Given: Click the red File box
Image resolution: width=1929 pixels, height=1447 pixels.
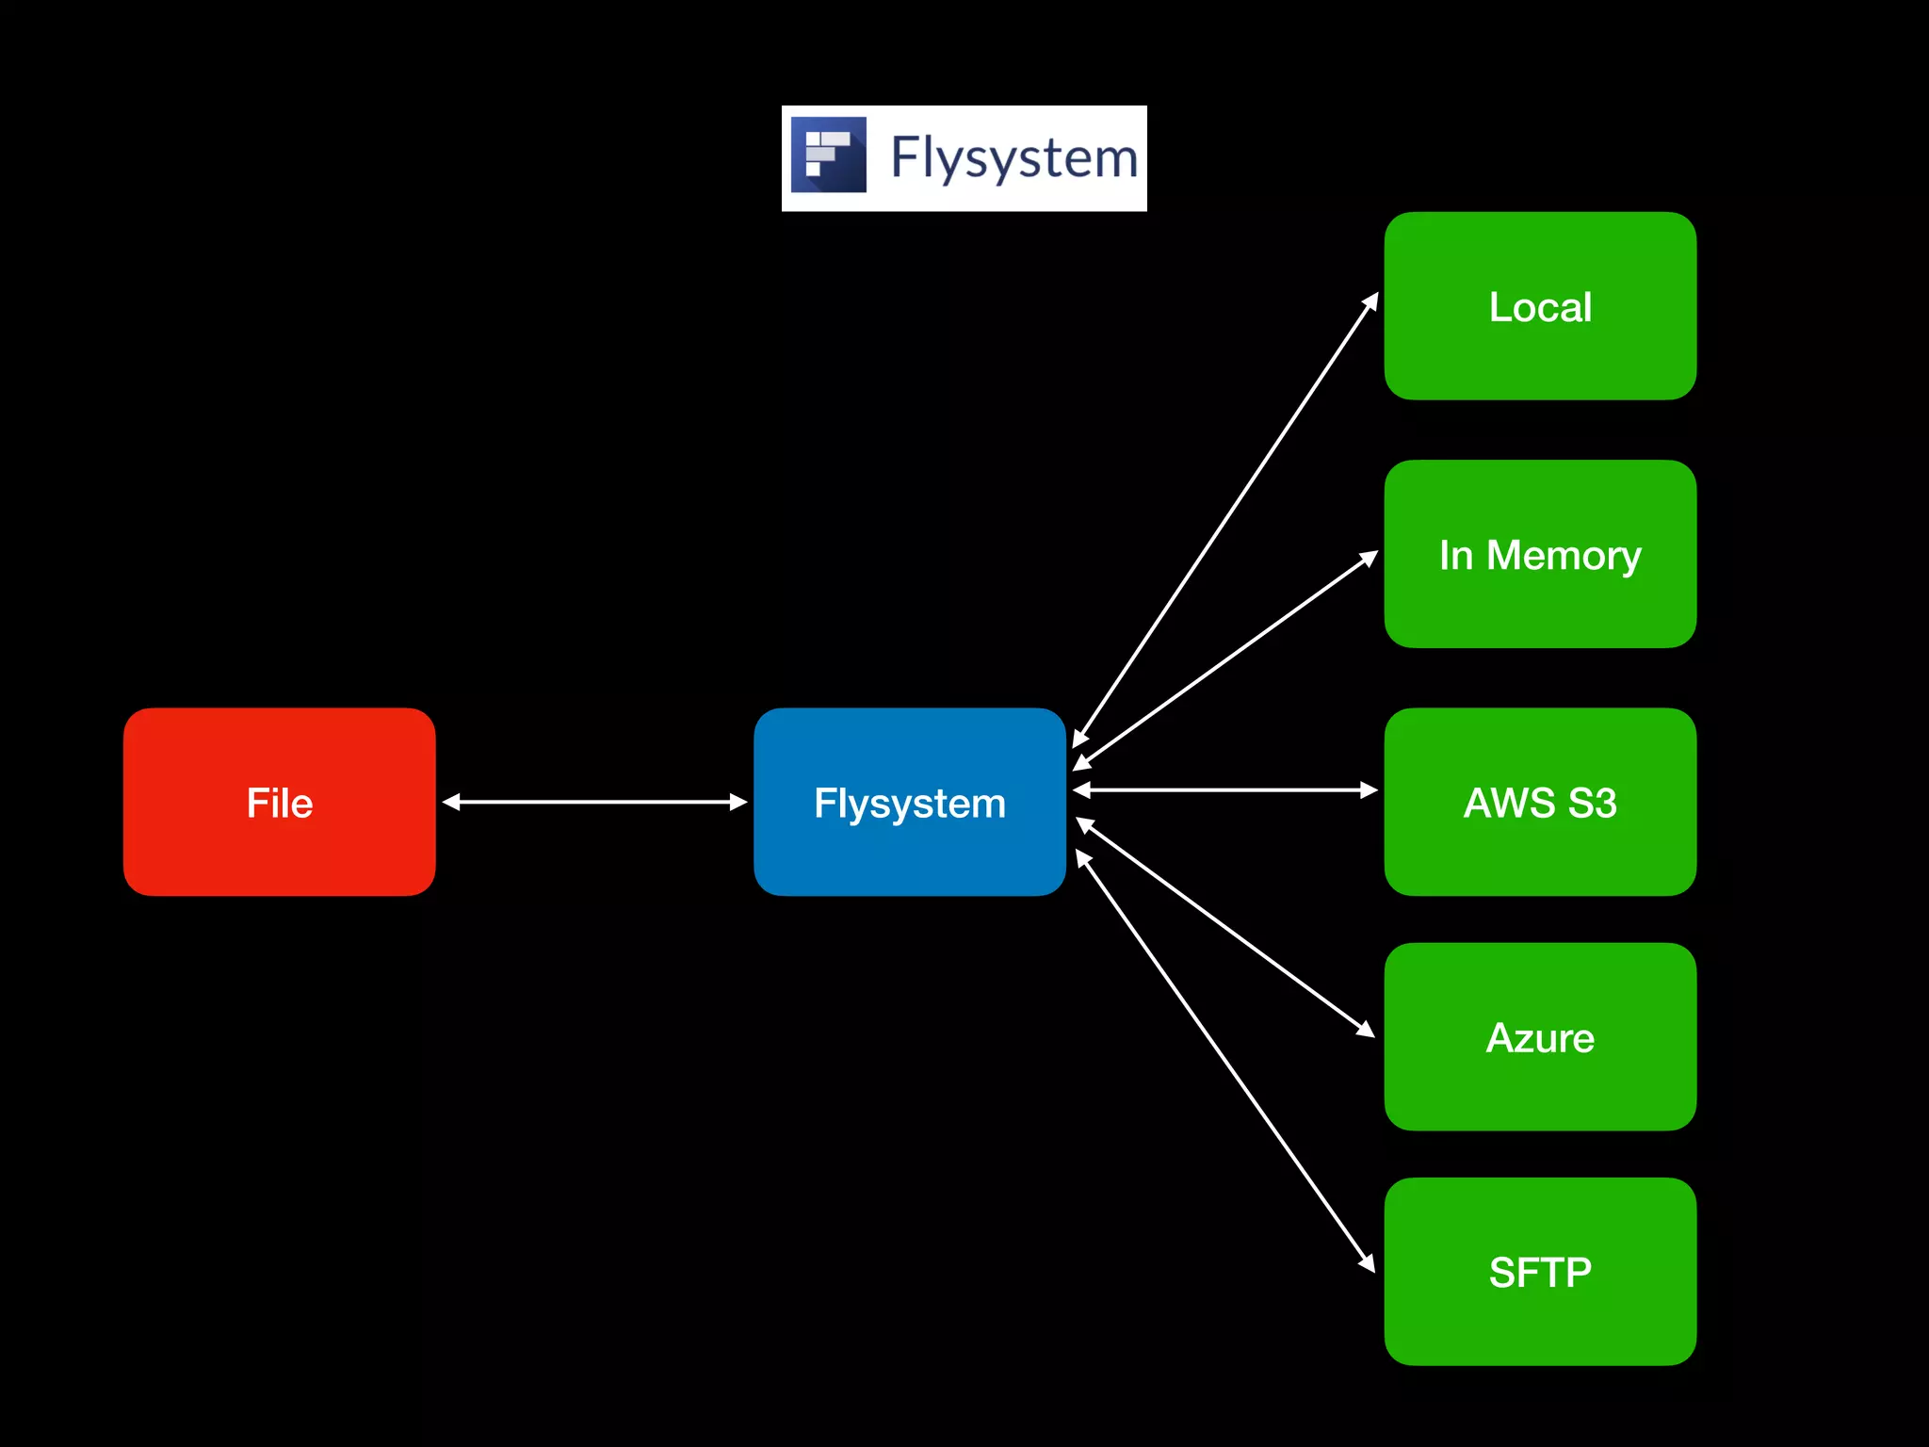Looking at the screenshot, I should tap(279, 802).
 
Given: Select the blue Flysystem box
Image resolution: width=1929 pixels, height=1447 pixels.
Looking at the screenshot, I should tap(909, 802).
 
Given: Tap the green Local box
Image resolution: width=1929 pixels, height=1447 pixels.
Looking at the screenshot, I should tap(1540, 306).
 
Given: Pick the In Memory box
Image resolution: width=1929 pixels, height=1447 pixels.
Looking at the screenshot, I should tap(1540, 554).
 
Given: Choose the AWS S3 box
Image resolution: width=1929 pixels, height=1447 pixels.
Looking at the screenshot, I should tap(1540, 802).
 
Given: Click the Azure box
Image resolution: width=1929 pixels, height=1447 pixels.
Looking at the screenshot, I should tap(1540, 1036).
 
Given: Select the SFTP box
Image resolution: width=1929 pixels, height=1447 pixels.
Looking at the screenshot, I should tap(1540, 1271).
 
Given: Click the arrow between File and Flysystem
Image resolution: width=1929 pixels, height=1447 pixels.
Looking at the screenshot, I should tap(594, 802).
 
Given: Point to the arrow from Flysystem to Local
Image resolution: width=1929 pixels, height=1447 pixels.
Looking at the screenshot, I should tap(1225, 520).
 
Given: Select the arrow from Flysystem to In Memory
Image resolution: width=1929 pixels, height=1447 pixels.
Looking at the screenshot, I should tap(1225, 660).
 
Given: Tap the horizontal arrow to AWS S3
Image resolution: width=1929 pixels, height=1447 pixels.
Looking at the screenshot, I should tap(1225, 789).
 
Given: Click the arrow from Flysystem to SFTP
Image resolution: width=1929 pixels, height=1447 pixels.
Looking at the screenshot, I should tap(1225, 1061).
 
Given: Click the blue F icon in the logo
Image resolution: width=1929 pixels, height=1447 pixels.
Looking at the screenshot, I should tap(828, 155).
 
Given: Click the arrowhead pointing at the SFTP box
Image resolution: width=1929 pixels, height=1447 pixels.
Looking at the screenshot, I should tap(1368, 1263).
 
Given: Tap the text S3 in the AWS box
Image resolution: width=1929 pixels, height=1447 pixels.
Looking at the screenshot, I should tap(1592, 803).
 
